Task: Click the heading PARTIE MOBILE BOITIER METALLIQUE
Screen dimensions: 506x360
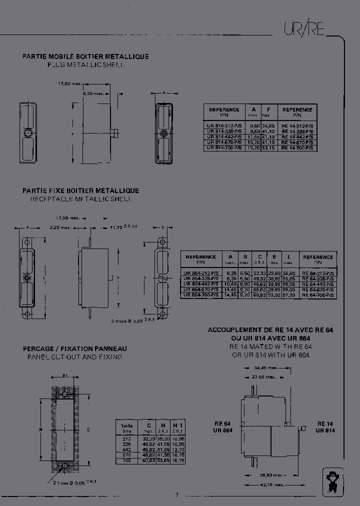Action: (85, 57)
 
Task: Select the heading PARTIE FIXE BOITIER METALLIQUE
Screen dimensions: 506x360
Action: (80, 190)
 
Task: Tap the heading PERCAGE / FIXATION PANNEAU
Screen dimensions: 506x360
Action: (74, 348)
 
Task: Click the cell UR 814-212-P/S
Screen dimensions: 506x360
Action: (224, 125)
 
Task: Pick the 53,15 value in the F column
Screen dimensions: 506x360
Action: (268, 148)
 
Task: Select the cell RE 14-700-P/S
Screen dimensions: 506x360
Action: (297, 148)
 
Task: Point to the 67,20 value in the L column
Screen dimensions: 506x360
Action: (288, 295)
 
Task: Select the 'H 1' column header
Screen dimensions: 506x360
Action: (177, 426)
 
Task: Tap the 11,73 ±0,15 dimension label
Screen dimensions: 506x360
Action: (123, 227)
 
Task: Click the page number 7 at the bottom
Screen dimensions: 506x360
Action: (176, 495)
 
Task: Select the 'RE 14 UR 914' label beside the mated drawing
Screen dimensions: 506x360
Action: (325, 426)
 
